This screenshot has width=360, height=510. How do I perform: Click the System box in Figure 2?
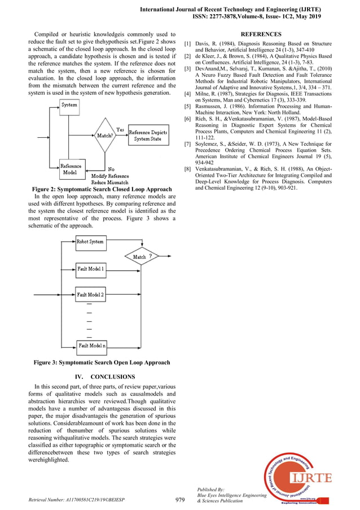(x=69, y=105)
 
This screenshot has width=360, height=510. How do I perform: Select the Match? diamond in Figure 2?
(x=104, y=136)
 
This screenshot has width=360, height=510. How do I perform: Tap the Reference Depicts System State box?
(x=148, y=136)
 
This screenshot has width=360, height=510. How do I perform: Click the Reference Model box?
(x=71, y=169)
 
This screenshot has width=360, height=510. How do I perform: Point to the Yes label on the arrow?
(x=120, y=130)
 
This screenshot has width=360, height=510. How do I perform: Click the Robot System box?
(x=90, y=242)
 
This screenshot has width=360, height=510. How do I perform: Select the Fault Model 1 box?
(x=90, y=269)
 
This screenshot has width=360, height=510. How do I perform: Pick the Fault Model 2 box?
(x=90, y=294)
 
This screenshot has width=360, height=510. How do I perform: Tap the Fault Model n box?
(x=91, y=345)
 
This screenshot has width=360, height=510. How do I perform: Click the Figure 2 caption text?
(x=102, y=189)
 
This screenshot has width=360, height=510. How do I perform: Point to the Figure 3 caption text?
(x=102, y=363)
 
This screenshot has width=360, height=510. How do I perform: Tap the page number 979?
(x=180, y=499)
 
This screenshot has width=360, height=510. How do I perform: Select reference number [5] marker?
(x=187, y=106)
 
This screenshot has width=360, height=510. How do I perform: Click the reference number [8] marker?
(x=187, y=169)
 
